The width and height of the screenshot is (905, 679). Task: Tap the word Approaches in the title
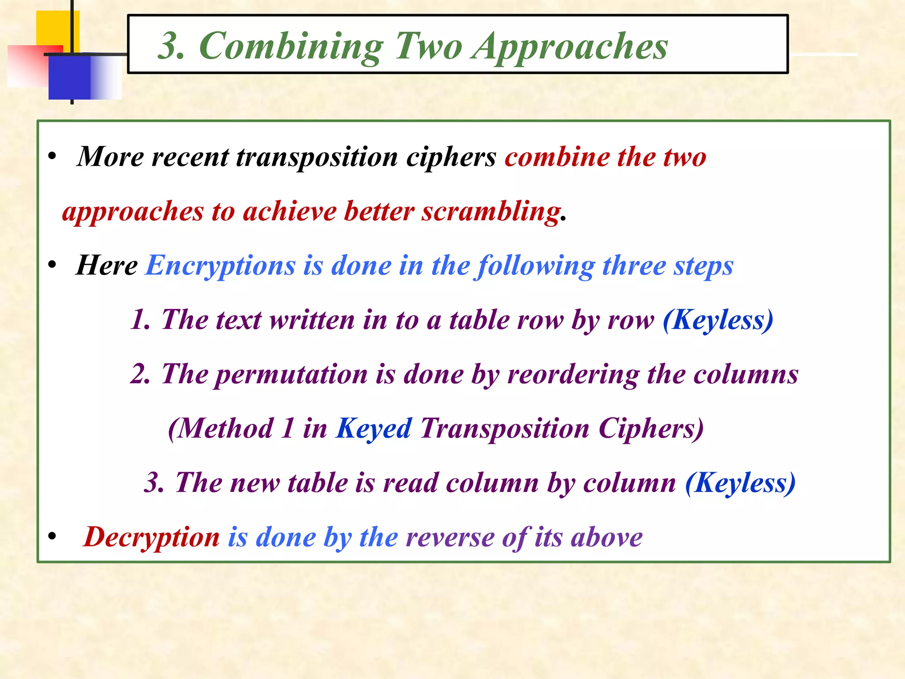click(570, 47)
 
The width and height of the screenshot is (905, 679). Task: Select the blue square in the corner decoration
click(70, 78)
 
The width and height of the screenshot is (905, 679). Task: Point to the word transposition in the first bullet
click(317, 157)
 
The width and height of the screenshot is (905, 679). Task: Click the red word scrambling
click(491, 212)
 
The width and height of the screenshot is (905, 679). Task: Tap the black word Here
click(107, 266)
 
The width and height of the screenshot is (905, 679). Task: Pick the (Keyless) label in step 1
click(718, 320)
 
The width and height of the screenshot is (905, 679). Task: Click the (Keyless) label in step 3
click(740, 483)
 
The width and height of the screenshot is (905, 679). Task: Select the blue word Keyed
click(374, 429)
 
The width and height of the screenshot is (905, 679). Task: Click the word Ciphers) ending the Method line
click(651, 429)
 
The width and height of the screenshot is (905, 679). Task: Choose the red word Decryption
click(152, 538)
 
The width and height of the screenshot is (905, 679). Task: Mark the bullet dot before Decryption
click(53, 536)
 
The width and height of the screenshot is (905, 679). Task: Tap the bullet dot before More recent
click(53, 156)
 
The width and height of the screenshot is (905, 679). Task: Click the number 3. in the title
click(171, 47)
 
